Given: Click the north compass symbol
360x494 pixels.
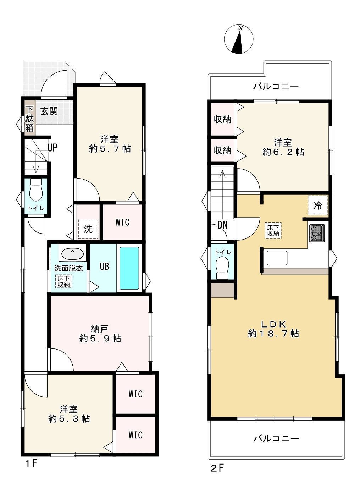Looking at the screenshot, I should [239, 39].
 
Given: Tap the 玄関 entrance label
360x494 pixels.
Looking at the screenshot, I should [49, 111].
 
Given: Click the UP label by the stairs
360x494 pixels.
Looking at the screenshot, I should [52, 148].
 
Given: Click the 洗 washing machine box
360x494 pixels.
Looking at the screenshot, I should [88, 229].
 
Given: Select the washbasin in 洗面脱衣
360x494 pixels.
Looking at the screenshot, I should [73, 254].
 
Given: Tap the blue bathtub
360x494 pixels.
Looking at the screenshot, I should [129, 268].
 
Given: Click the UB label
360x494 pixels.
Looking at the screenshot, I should [104, 266].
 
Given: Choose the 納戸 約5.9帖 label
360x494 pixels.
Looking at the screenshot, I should [100, 334].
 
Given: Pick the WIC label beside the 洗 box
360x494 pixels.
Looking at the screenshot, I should [122, 223].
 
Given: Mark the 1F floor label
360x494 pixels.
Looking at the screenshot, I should [31, 464].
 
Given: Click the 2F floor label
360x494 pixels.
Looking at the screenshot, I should [217, 468].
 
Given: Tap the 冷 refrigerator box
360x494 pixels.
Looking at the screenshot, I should [318, 205].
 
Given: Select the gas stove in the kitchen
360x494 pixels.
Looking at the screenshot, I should [317, 233].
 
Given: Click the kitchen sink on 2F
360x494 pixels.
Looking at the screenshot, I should [277, 258].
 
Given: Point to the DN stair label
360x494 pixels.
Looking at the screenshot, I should [222, 225].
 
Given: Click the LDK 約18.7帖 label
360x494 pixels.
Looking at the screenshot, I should [273, 329].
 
